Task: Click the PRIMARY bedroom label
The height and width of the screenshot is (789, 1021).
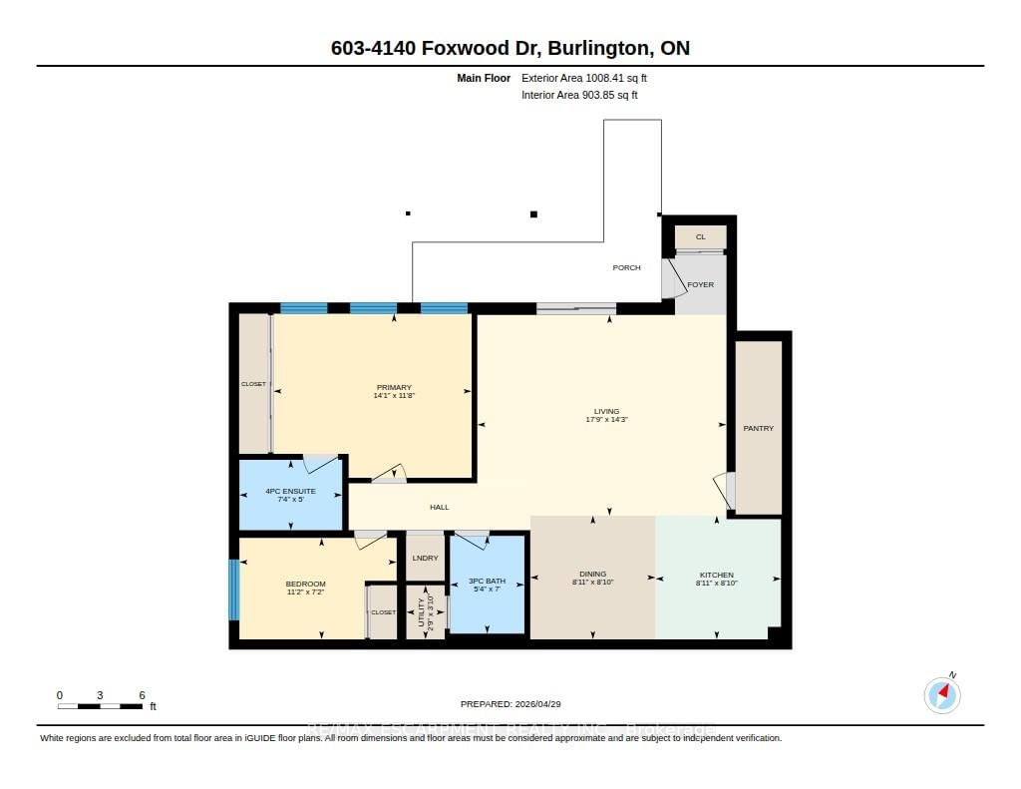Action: point(394,387)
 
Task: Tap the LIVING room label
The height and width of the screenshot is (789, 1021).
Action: point(606,411)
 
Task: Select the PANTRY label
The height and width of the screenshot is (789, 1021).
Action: point(758,428)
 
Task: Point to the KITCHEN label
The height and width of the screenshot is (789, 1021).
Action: point(716,575)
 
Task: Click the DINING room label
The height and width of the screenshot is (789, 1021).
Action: point(592,574)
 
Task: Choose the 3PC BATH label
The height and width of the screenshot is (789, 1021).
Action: point(487,581)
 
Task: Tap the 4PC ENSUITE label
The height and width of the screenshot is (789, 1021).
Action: point(291,492)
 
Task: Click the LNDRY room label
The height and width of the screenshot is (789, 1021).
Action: point(425,558)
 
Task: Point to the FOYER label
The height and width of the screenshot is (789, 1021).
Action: point(700,284)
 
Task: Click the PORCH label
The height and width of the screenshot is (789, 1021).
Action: point(626,267)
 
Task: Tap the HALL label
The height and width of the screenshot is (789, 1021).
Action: point(439,507)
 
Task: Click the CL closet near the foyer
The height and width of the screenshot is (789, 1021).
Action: point(700,236)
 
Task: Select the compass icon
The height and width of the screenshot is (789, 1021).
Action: point(942,694)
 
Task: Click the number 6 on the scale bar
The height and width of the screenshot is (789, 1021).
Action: point(143,694)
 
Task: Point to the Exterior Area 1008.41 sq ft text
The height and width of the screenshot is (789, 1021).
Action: point(591,78)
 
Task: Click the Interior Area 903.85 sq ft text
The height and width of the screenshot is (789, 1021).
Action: point(579,96)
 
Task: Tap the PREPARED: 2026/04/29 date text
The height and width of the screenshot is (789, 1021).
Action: point(516,703)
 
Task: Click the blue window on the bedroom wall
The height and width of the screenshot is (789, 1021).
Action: point(234,590)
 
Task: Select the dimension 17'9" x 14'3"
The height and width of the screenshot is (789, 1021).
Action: point(606,420)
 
